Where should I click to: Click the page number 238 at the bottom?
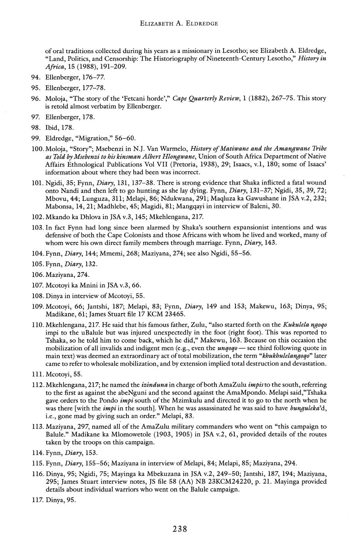[x=180, y=529]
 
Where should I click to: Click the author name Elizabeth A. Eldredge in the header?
[x=179, y=23]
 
